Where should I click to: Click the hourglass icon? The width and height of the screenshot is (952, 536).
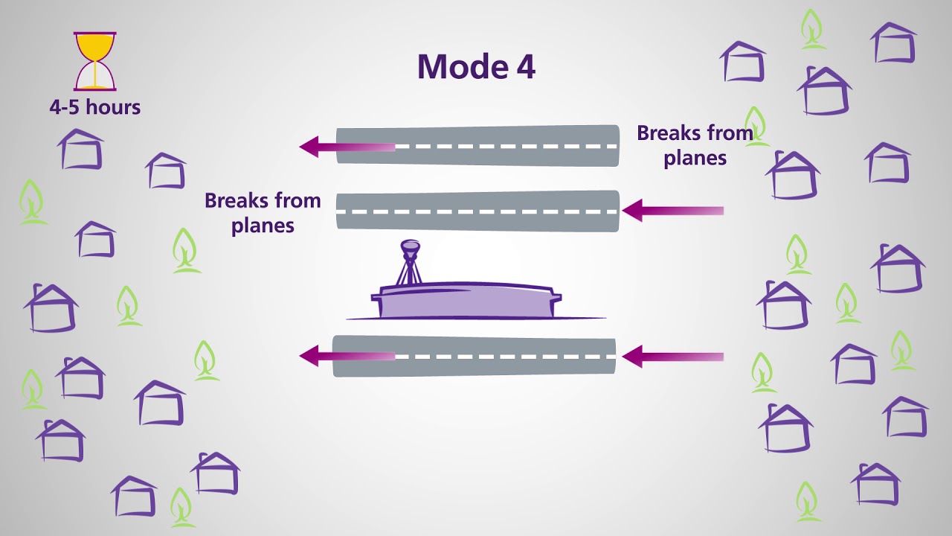95,61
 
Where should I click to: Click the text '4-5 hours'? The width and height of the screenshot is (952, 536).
95,107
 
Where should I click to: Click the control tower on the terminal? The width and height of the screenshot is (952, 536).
410,261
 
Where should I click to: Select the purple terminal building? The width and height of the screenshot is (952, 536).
465,301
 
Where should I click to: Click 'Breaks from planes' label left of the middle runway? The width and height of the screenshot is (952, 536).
263,213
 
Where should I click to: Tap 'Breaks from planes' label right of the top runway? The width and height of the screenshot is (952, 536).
695,145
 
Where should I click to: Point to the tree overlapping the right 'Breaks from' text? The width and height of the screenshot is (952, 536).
756,125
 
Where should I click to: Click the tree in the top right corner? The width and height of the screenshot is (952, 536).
812,29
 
